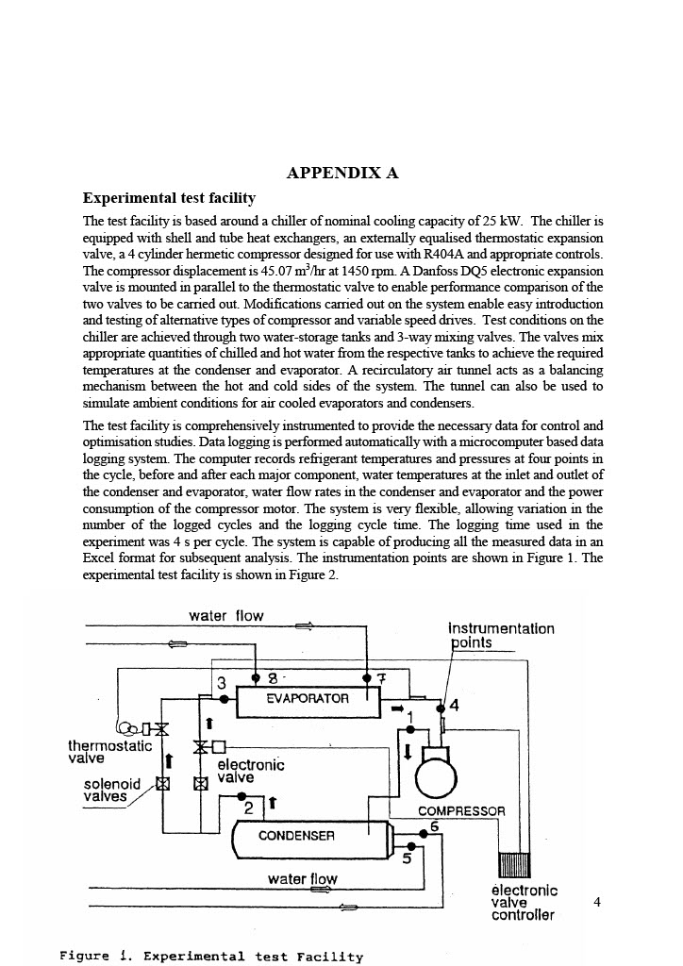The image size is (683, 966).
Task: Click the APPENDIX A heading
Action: click(x=341, y=173)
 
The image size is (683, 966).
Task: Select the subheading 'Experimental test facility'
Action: click(x=169, y=198)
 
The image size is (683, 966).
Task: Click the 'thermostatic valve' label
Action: click(x=109, y=752)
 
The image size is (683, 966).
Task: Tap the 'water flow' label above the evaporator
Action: click(x=226, y=616)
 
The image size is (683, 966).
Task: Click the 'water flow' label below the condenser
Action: click(x=302, y=879)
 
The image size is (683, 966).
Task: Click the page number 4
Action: click(x=596, y=902)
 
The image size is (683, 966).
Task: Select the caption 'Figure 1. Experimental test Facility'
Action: click(x=210, y=956)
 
